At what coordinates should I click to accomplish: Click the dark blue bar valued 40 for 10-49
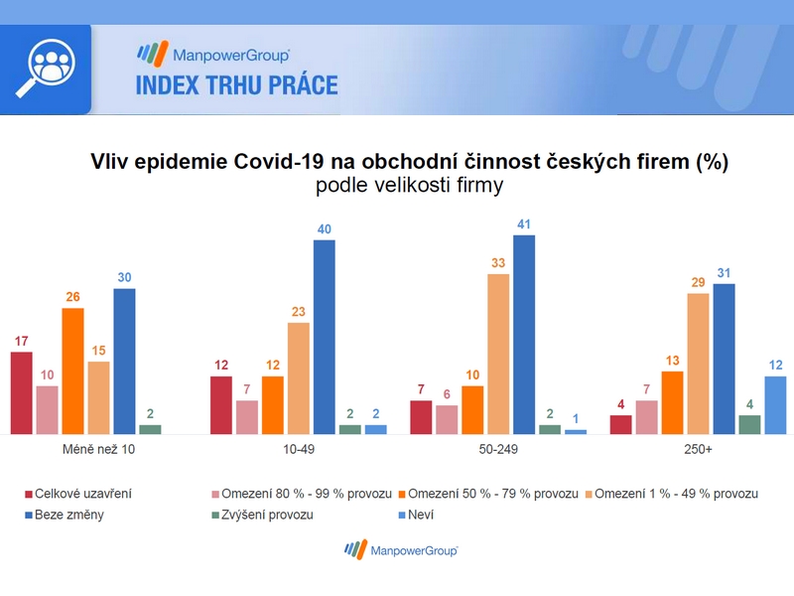tap(325, 337)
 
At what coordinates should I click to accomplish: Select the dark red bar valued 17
tap(21, 392)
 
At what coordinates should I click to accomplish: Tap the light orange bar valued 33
tap(498, 354)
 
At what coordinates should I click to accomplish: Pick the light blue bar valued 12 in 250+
tap(775, 405)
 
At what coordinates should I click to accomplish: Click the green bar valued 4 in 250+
tap(749, 425)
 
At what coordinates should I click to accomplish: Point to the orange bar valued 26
tap(72, 371)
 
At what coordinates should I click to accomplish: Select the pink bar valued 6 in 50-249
tap(447, 419)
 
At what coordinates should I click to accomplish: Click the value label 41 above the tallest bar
tap(524, 224)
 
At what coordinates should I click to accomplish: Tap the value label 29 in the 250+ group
tap(698, 282)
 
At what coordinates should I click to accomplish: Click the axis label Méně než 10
tap(98, 449)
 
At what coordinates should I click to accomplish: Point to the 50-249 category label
tap(498, 449)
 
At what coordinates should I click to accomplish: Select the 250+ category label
tap(698, 449)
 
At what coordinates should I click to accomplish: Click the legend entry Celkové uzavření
tap(78, 494)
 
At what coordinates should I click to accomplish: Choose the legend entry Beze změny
tap(65, 515)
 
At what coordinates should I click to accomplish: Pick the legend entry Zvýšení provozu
tap(262, 515)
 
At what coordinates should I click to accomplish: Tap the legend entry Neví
tap(416, 515)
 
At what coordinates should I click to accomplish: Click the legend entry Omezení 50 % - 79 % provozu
tap(488, 494)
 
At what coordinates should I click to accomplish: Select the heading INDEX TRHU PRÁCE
tap(236, 85)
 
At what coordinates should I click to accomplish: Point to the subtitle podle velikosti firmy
tap(409, 185)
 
